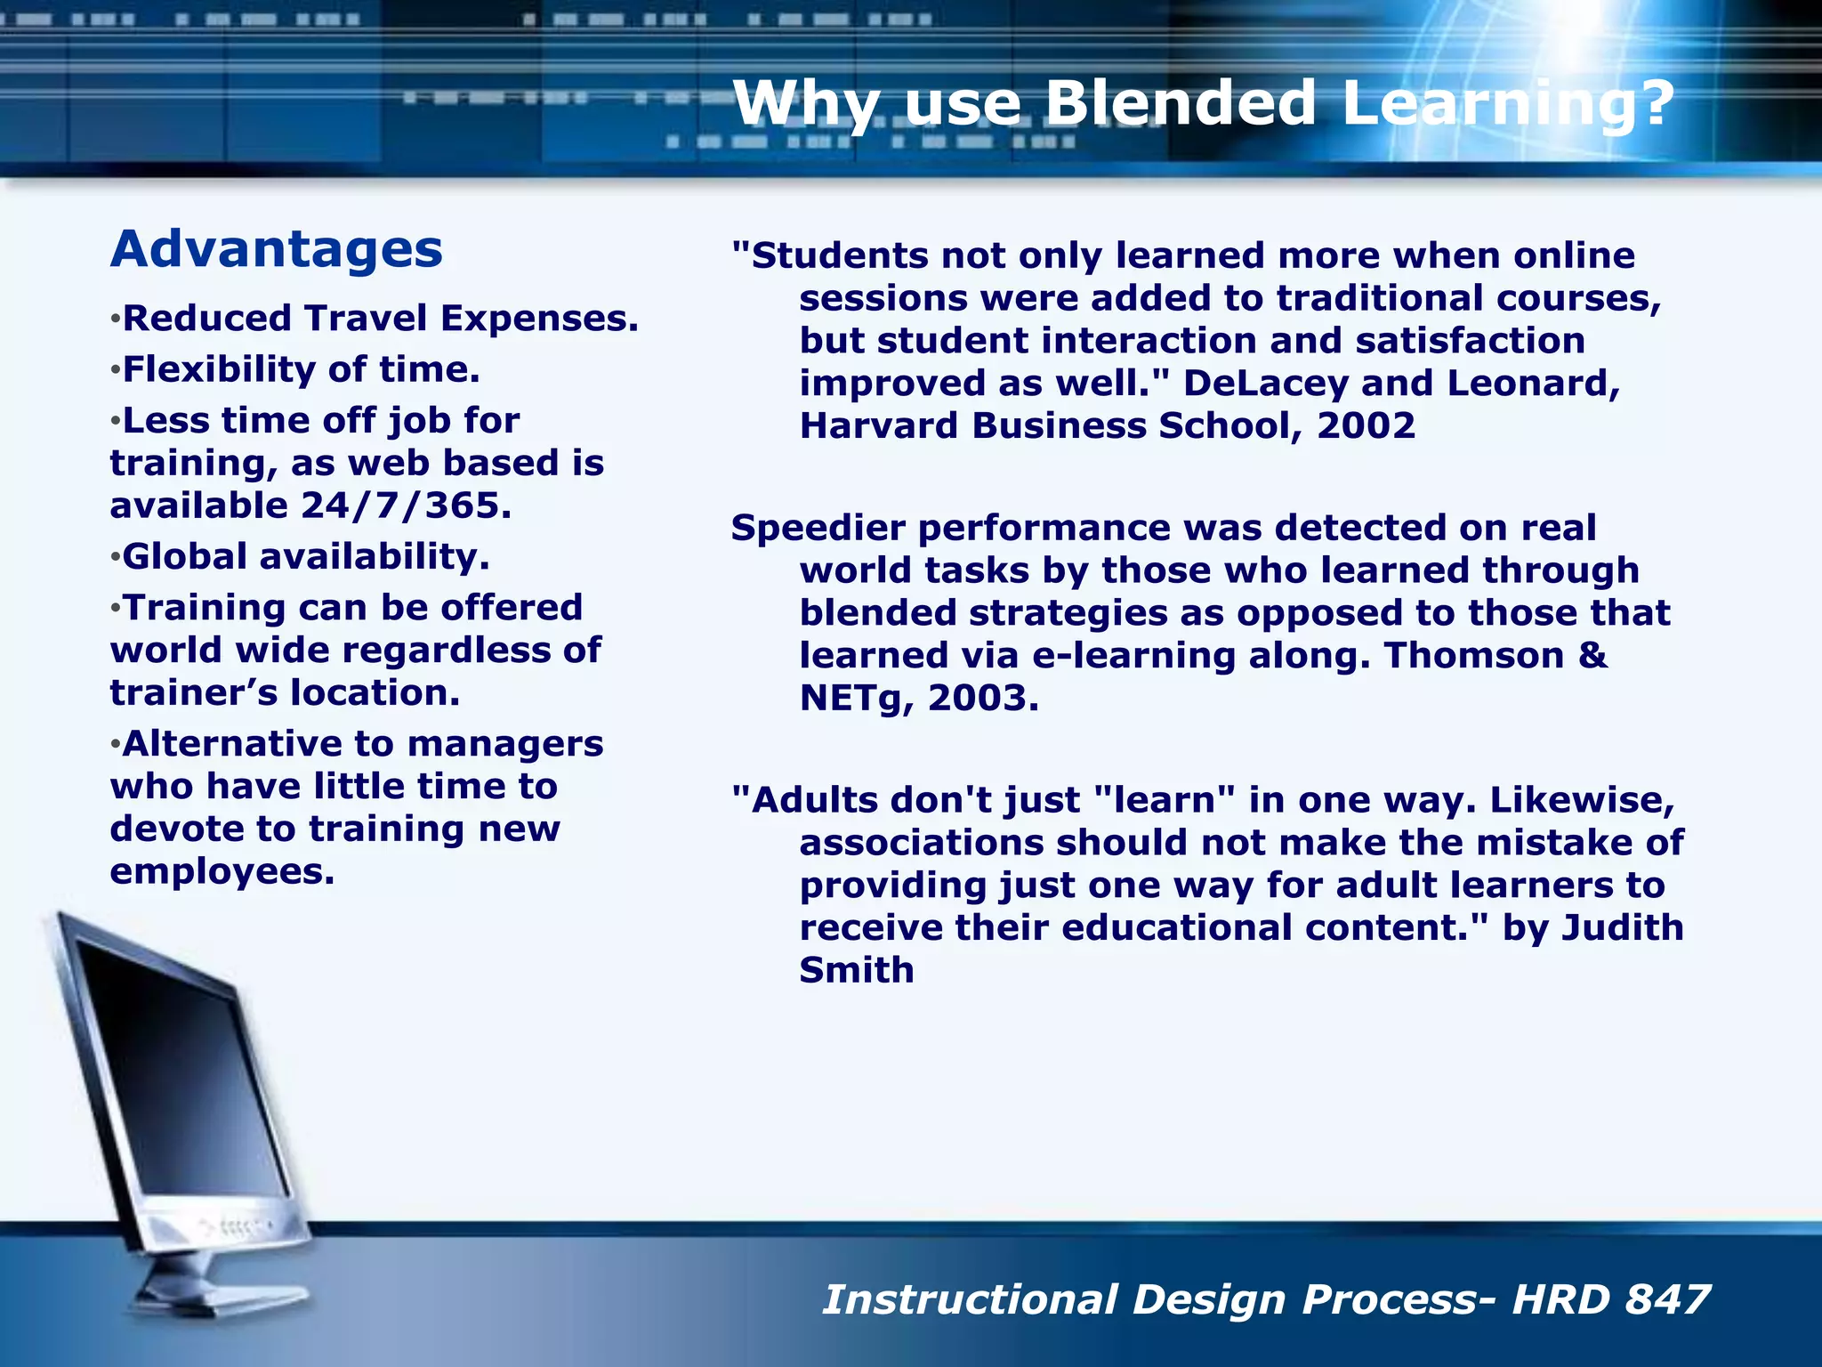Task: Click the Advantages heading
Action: (276, 249)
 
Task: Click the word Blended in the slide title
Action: (1179, 103)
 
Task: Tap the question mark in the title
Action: (1655, 103)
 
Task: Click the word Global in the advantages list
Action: (185, 557)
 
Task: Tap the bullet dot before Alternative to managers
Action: (115, 746)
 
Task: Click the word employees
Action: (222, 871)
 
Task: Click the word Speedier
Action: (818, 529)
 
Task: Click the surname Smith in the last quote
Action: (856, 971)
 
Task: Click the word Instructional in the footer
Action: (970, 1299)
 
